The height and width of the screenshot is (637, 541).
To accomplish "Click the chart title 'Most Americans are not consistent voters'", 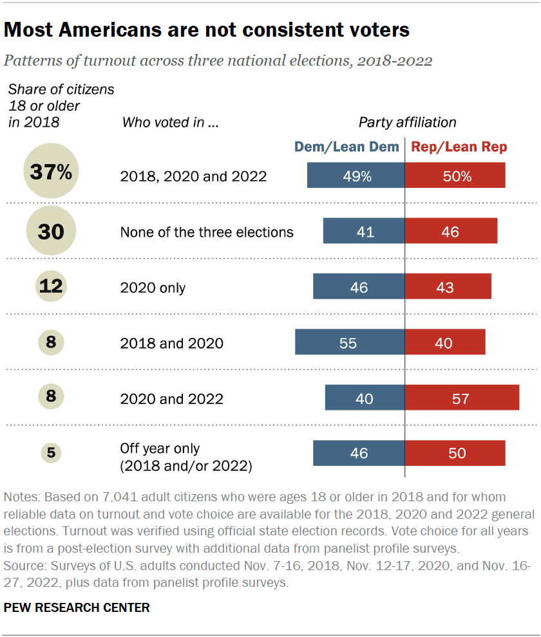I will point(207,30).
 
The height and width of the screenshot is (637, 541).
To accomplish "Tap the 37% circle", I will point(51,174).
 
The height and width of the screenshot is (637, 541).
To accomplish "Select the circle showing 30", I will point(51,231).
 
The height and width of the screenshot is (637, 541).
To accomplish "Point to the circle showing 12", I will point(51,286).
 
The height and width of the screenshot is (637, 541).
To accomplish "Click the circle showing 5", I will point(51,453).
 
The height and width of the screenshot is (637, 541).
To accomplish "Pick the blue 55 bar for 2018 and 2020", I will point(350,342).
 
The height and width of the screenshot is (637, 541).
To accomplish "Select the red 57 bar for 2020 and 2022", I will point(462,398).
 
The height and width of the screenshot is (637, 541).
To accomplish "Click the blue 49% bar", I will point(356,175).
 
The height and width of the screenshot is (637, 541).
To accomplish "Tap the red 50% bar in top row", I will point(455,175).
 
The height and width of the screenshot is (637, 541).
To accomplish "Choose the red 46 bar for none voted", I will point(451,231).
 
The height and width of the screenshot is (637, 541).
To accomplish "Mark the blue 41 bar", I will point(364,231).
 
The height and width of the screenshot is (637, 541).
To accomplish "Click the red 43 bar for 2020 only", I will point(448,286).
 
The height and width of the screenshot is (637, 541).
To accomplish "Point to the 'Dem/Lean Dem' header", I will point(346,147).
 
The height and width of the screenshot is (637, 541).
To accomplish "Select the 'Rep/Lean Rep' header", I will point(459,147).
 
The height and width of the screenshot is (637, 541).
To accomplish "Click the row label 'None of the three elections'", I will point(207,232).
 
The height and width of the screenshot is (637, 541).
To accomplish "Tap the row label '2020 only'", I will point(153,288).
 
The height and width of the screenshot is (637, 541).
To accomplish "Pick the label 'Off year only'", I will point(160,448).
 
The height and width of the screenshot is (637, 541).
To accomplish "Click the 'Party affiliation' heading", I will point(407,122).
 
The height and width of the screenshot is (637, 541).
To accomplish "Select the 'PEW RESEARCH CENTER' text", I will point(77,607).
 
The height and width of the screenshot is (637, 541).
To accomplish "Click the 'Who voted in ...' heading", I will point(170,122).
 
